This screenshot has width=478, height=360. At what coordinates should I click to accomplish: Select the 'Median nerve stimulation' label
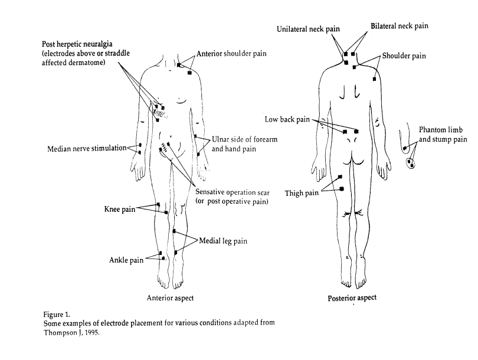86,149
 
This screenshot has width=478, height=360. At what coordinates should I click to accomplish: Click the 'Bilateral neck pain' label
400,27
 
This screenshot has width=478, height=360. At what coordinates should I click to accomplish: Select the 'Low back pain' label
286,119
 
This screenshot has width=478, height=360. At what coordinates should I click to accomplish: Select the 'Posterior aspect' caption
352,298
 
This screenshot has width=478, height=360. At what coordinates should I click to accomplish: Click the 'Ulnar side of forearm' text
244,139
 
